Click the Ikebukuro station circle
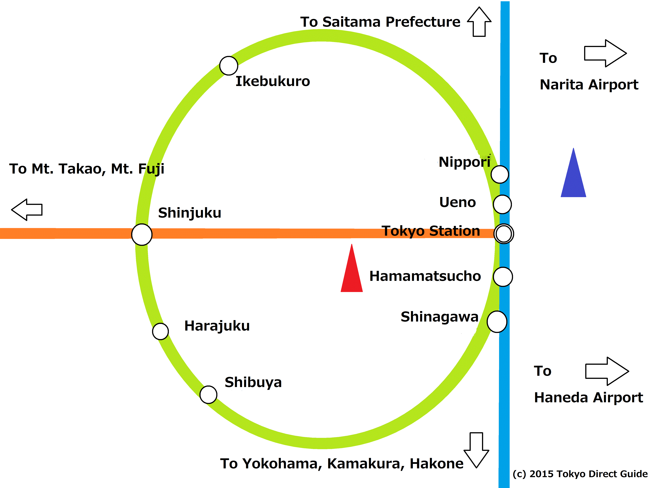coord(229,66)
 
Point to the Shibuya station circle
coord(208,395)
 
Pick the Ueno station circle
coord(502,204)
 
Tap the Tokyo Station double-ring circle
coord(504,234)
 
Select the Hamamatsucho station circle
coord(503,277)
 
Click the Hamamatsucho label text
coord(425,276)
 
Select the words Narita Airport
coord(589,85)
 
